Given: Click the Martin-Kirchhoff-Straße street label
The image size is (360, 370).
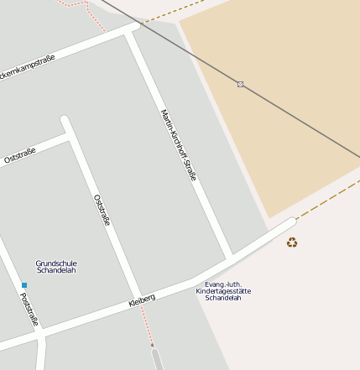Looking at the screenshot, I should click(x=178, y=145).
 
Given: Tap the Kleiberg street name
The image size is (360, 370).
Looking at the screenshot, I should click(x=142, y=299).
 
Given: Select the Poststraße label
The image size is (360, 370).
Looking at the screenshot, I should click(x=29, y=309).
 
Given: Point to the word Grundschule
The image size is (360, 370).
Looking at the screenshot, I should click(x=56, y=263).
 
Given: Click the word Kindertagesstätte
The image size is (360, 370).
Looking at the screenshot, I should click(x=223, y=291).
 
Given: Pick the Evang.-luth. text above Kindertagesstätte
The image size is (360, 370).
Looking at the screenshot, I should click(x=223, y=284).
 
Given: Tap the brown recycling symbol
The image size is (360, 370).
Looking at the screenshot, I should click(x=292, y=242).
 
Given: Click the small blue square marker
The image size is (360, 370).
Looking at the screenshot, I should click(x=24, y=286).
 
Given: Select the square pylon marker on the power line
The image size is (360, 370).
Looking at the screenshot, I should click(x=240, y=84).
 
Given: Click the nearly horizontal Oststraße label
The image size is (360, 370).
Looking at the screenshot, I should click(x=18, y=157).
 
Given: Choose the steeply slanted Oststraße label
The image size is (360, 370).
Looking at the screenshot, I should click(x=102, y=210).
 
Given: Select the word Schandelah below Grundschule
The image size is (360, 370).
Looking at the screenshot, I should click(x=56, y=271).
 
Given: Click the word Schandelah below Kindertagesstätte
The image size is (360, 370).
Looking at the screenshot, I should click(x=223, y=299).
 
